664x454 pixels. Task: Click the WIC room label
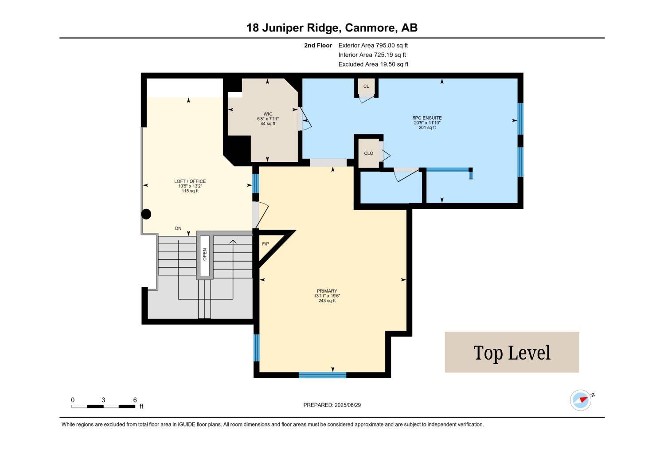click(268, 114)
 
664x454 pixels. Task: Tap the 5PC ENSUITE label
click(427, 118)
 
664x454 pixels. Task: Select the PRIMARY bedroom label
click(327, 291)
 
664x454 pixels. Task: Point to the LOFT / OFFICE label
click(190, 181)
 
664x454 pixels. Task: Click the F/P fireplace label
click(266, 244)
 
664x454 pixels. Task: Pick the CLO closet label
click(368, 153)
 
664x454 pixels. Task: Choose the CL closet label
click(366, 86)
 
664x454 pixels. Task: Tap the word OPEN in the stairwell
click(204, 254)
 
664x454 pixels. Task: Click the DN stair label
click(178, 228)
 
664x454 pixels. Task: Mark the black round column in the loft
click(146, 214)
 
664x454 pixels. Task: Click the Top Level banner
click(512, 352)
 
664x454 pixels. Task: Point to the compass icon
click(581, 400)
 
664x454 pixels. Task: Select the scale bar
click(103, 406)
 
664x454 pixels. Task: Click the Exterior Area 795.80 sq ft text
click(373, 45)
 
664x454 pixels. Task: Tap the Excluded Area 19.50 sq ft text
click(373, 64)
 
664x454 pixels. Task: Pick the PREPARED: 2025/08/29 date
click(332, 405)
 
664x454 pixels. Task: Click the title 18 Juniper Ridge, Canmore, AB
click(332, 28)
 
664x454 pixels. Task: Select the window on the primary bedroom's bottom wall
click(322, 375)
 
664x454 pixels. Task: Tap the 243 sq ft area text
click(327, 301)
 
